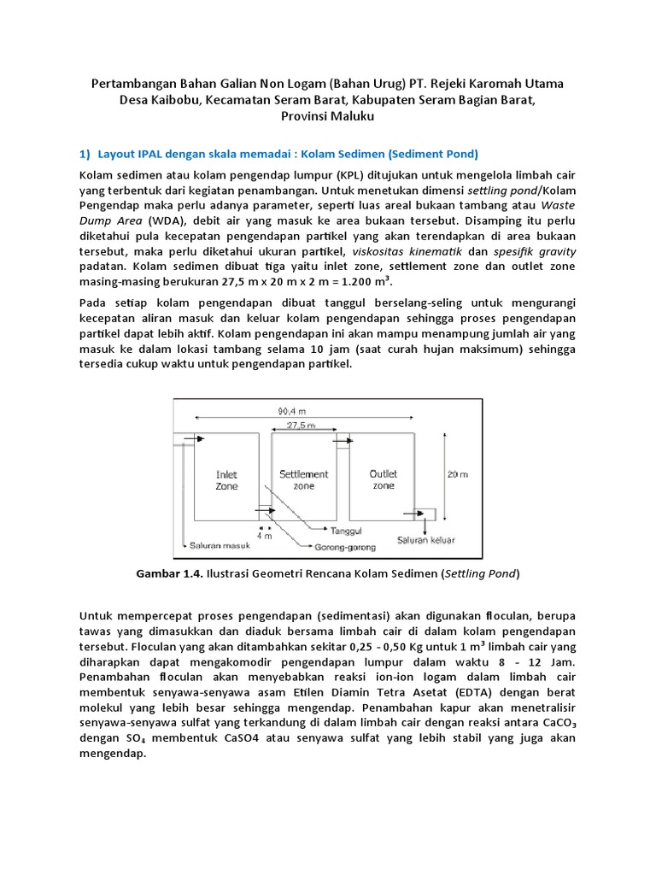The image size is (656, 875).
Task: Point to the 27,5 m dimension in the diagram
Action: pyautogui.click(x=301, y=425)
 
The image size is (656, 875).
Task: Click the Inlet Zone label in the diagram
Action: pyautogui.click(x=227, y=479)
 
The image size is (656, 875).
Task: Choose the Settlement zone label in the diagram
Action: pyautogui.click(x=303, y=479)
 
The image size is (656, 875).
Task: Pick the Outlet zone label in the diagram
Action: pyautogui.click(x=384, y=479)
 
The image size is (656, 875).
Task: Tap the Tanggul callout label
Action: pyautogui.click(x=347, y=530)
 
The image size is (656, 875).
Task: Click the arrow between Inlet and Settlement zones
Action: pyautogui.click(x=266, y=513)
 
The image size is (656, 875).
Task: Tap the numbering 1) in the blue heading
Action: pyautogui.click(x=85, y=154)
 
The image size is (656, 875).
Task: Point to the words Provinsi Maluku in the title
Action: pyautogui.click(x=328, y=115)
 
